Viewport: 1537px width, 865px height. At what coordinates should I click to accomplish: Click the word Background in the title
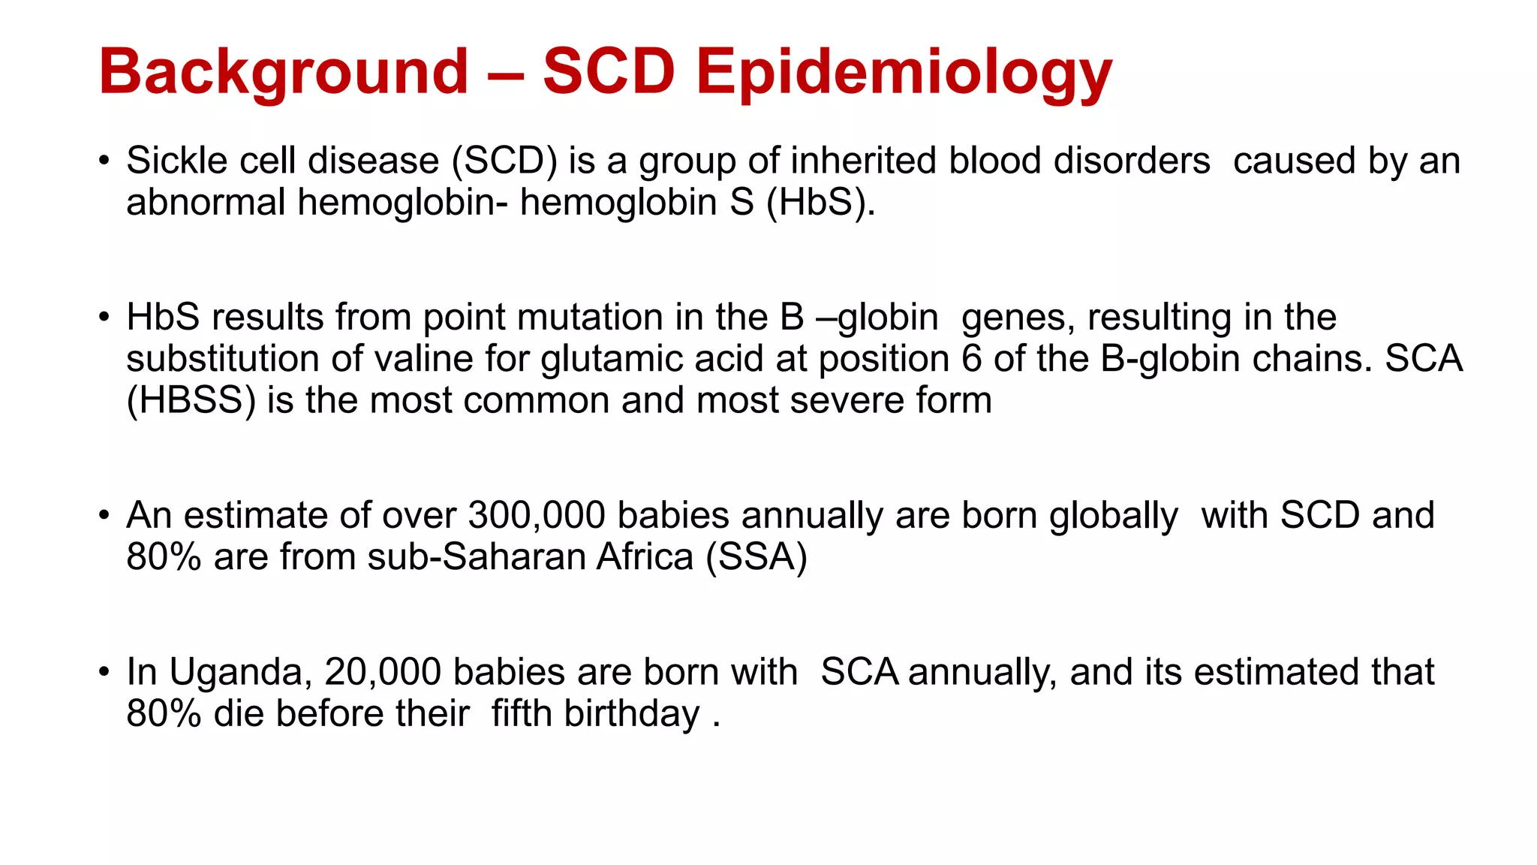click(x=283, y=72)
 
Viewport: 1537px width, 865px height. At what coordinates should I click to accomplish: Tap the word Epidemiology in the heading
click(x=904, y=72)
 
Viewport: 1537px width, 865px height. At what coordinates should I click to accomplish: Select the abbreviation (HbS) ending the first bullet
click(x=820, y=203)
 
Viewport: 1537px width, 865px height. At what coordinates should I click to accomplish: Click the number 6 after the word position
click(x=971, y=359)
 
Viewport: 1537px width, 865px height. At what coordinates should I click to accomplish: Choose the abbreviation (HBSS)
click(x=191, y=400)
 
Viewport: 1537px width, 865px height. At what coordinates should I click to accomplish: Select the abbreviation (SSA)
click(x=756, y=557)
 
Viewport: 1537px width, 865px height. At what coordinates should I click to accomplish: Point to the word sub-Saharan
click(x=530, y=557)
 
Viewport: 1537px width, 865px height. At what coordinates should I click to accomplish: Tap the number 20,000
click(x=382, y=672)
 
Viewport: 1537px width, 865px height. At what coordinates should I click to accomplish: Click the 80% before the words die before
click(x=164, y=713)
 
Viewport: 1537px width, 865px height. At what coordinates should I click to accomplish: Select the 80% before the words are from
click(x=164, y=557)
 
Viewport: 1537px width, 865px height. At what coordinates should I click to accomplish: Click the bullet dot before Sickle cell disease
click(x=104, y=161)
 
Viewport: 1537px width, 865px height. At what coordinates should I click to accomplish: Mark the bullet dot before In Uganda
click(x=104, y=672)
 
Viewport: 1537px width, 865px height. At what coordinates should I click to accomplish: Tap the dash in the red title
click(x=505, y=74)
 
